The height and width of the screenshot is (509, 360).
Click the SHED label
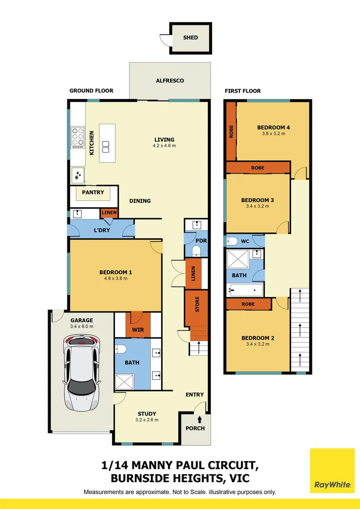click(x=191, y=38)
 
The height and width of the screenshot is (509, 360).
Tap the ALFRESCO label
click(x=170, y=81)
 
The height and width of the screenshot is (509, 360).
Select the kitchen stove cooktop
click(x=78, y=137)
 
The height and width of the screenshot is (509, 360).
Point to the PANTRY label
click(x=93, y=192)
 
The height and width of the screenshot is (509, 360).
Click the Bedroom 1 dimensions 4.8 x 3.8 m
click(x=115, y=279)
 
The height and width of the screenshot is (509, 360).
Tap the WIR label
click(x=138, y=329)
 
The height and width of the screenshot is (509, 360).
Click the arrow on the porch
click(x=200, y=419)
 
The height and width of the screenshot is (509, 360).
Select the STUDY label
click(x=147, y=414)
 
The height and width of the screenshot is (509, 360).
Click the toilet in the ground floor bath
click(x=120, y=349)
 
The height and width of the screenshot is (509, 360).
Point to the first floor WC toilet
click(x=232, y=241)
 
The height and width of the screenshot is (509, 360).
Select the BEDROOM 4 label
click(x=273, y=127)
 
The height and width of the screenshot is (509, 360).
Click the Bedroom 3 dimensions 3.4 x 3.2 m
click(x=257, y=206)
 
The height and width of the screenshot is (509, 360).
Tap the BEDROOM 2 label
click(x=258, y=338)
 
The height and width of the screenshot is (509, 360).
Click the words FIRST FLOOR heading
click(x=242, y=91)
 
